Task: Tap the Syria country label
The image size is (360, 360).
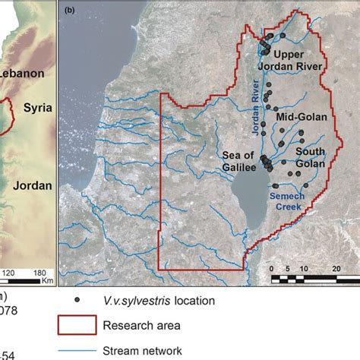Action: (36, 107)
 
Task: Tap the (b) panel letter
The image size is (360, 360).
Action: (70, 11)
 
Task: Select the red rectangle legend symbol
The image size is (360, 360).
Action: (76, 326)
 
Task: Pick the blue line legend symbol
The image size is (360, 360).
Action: (76, 351)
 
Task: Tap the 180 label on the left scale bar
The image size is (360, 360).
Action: (39, 272)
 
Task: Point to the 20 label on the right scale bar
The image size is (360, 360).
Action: (336, 268)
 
